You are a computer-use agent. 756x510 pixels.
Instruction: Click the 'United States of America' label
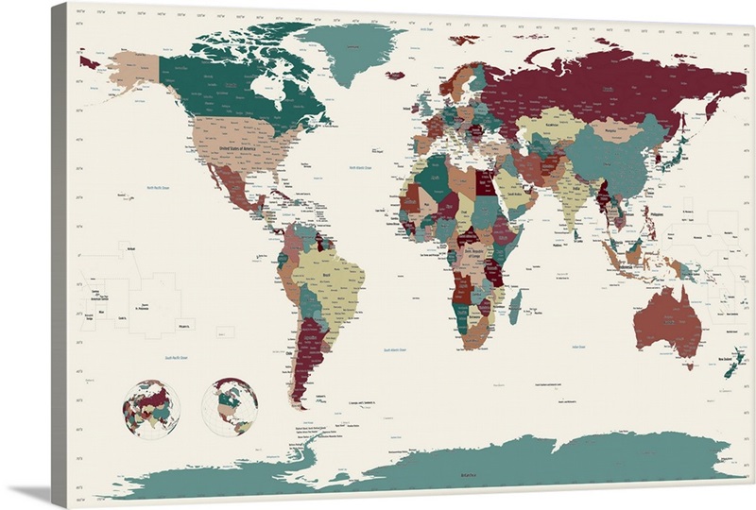pyautogui.click(x=238, y=149)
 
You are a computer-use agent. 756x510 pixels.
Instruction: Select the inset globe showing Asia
pyautogui.click(x=151, y=408)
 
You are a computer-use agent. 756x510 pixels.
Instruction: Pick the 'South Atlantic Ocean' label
pyautogui.click(x=395, y=350)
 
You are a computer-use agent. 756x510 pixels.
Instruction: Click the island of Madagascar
pyautogui.click(x=517, y=305)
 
